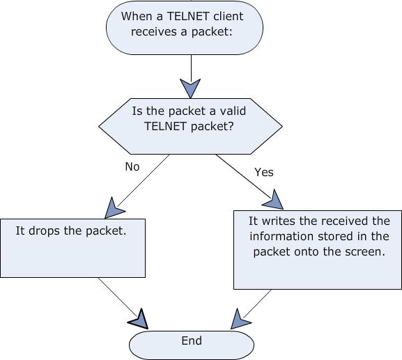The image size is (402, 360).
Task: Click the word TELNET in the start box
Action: pyautogui.click(x=187, y=17)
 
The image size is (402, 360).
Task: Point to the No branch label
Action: pyautogui.click(x=132, y=167)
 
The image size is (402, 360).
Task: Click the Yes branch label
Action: pyautogui.click(x=264, y=172)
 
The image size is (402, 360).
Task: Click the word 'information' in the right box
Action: pyautogui.click(x=282, y=236)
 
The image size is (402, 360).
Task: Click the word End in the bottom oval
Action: pyautogui.click(x=192, y=341)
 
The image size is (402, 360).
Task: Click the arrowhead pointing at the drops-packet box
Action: pyautogui.click(x=114, y=208)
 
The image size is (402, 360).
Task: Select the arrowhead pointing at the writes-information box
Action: pyautogui.click(x=273, y=200)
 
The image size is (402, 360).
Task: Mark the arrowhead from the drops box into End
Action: pyautogui.click(x=139, y=319)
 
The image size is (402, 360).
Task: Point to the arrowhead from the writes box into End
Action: pyautogui.click(x=240, y=319)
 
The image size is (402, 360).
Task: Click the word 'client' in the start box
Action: pyautogui.click(x=228, y=17)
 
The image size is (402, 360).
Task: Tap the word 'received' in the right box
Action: pyautogui.click(x=346, y=221)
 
